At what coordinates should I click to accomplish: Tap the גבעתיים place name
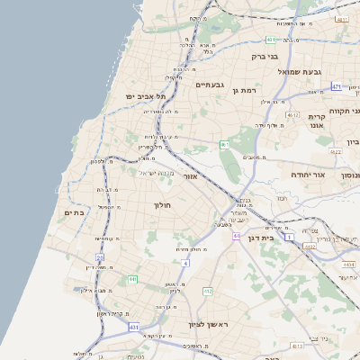(x=210, y=84)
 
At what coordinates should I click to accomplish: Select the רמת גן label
(x=244, y=91)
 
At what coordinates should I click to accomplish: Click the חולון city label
(x=163, y=205)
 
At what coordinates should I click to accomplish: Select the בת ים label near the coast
(x=74, y=212)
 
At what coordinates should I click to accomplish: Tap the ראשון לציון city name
(x=209, y=324)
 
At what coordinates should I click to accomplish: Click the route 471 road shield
(x=336, y=86)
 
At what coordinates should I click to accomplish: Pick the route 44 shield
(x=237, y=236)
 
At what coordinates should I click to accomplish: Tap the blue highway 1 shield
(x=290, y=236)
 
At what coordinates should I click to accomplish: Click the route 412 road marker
(x=208, y=292)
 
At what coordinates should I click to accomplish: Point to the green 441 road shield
(x=132, y=280)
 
